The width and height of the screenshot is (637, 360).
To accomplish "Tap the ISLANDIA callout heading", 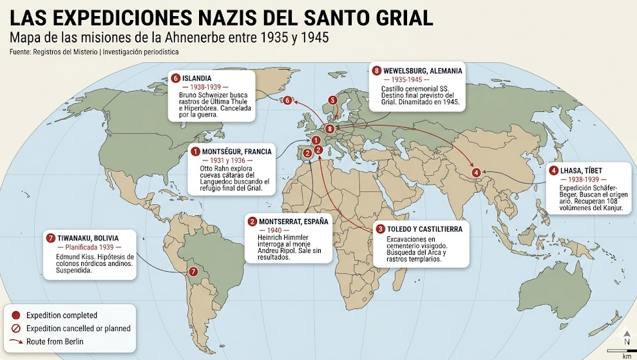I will coord(197,78).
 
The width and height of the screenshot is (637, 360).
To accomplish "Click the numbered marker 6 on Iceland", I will coord(288,100).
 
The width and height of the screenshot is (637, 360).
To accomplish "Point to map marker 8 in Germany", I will coord(329,129).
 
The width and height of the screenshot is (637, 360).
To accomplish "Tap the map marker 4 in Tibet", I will coord(476,172).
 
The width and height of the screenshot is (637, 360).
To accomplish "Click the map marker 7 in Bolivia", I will coord(193,272).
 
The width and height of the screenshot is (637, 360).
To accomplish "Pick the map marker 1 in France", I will coord(316,140).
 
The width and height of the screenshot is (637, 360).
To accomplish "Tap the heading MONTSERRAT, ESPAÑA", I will coord(293,221).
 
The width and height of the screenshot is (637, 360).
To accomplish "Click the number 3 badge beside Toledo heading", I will coord(381,229).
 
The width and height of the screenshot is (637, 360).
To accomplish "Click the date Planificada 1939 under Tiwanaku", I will coord(89,247).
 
